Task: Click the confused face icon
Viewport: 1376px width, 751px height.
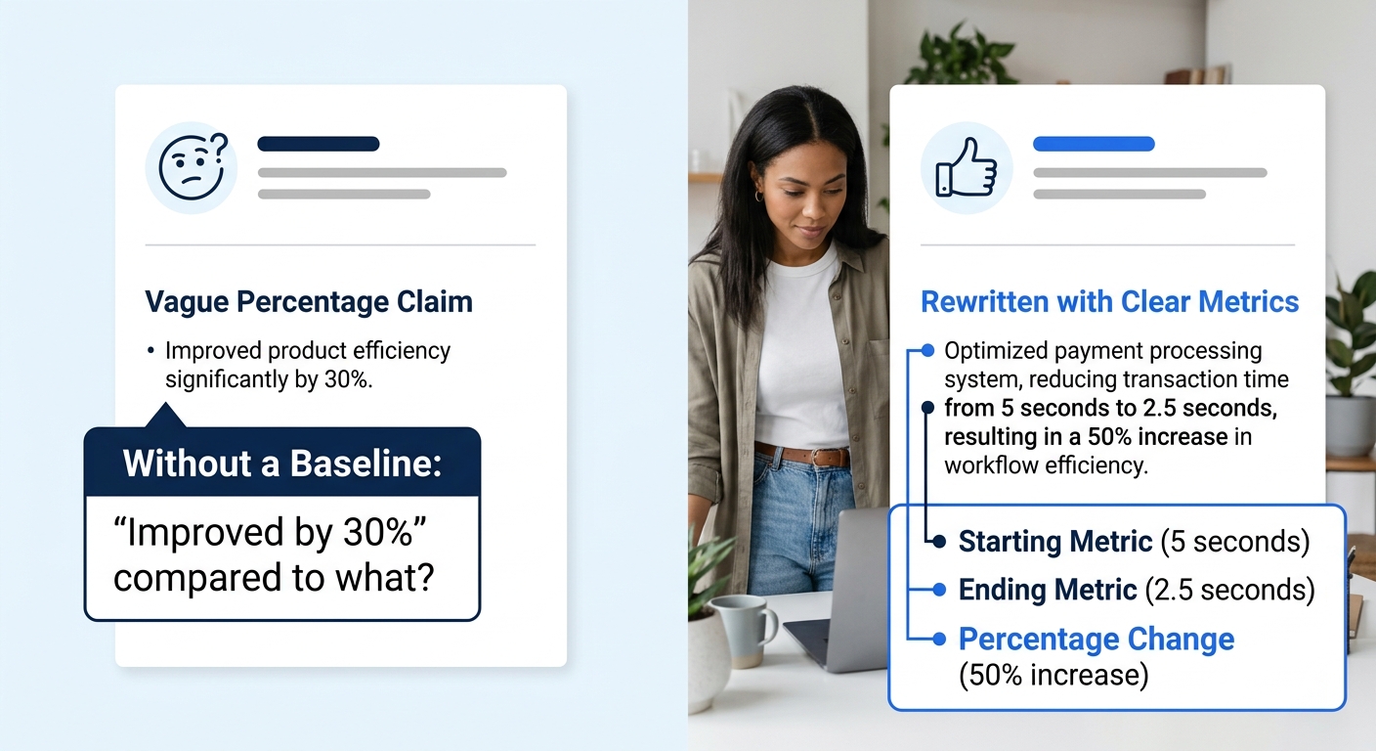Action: [x=191, y=167]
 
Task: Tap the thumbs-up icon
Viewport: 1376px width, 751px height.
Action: [x=966, y=167]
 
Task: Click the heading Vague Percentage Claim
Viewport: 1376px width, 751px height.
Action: [x=308, y=301]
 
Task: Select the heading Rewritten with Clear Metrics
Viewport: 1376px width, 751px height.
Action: [x=1109, y=301]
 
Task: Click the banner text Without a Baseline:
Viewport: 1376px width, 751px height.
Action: [x=281, y=463]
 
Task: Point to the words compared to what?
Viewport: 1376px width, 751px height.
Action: [x=274, y=579]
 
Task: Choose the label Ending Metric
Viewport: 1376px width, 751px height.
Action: [x=1048, y=590]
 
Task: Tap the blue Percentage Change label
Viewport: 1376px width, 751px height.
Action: [x=1096, y=640]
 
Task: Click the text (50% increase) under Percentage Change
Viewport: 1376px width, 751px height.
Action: [x=1053, y=675]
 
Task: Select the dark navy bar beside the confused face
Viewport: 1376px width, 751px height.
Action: [x=318, y=144]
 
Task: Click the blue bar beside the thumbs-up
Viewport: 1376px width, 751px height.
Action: [x=1093, y=144]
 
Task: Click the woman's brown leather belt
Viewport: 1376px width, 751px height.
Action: [x=801, y=455]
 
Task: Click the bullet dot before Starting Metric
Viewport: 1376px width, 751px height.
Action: [x=939, y=541]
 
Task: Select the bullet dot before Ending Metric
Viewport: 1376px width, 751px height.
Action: [x=939, y=590]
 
